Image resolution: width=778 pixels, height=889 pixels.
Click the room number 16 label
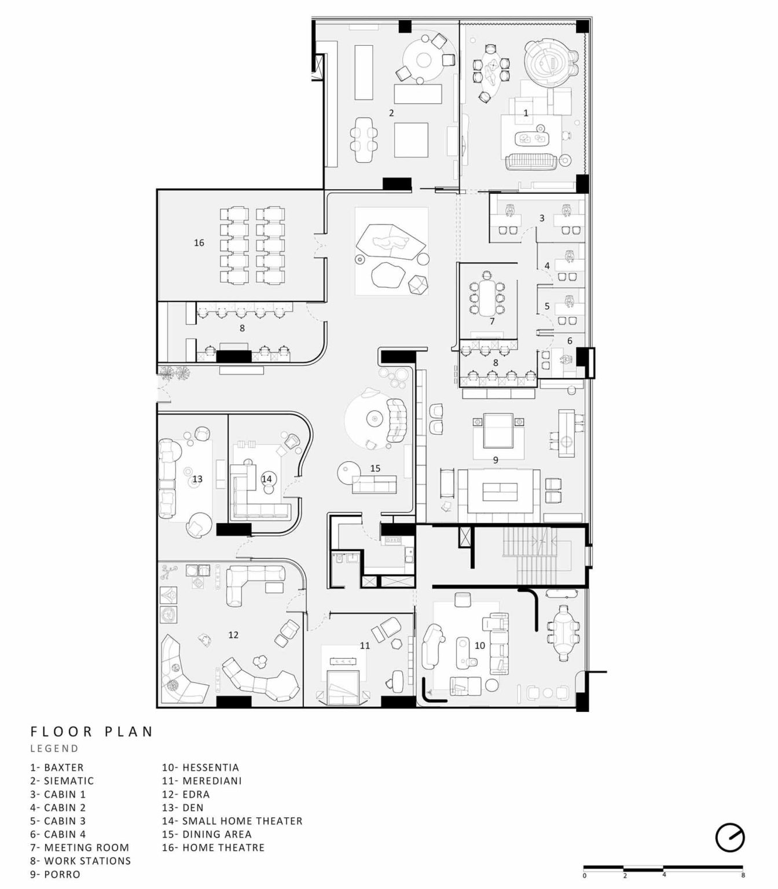199,243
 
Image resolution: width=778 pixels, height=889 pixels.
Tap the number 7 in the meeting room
492,322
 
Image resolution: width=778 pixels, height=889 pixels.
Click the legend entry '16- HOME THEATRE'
214,847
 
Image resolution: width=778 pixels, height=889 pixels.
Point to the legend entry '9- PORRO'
55,874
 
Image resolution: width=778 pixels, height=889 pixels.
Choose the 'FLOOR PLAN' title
91,731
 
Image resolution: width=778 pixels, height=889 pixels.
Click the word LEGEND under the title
55,748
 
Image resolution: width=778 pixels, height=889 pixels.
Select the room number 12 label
233,635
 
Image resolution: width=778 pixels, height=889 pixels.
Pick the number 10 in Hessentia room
480,646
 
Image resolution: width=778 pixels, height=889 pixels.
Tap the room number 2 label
391,113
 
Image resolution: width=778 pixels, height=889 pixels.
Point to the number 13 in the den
197,479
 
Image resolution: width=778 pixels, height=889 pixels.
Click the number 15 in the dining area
375,468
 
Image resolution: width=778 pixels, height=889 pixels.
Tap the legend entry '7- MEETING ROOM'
79,847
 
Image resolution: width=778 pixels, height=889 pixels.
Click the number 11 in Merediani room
365,646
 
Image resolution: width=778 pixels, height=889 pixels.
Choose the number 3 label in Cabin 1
542,218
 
